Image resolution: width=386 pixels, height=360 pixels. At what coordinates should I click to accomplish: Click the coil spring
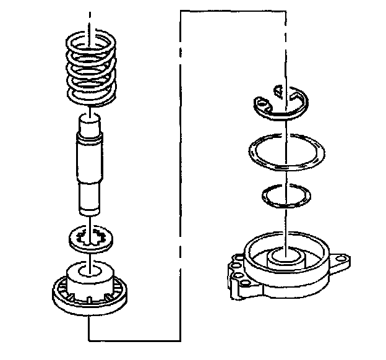pos(90,71)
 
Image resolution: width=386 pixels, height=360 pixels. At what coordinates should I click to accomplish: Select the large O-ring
pos(286,153)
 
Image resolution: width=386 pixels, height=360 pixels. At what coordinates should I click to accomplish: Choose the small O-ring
pos(285,196)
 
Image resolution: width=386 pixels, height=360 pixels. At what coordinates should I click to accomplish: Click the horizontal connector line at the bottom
pos(133,341)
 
